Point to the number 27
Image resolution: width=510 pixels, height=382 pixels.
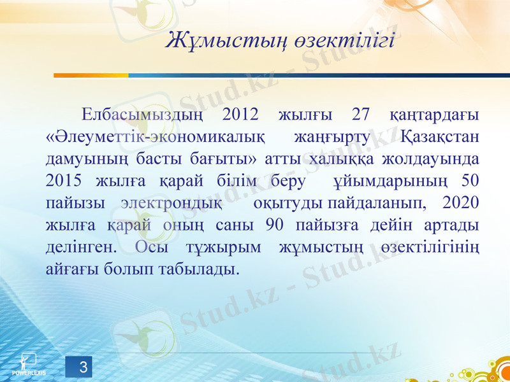(x=361, y=115)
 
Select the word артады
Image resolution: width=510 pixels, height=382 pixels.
(x=456, y=225)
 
